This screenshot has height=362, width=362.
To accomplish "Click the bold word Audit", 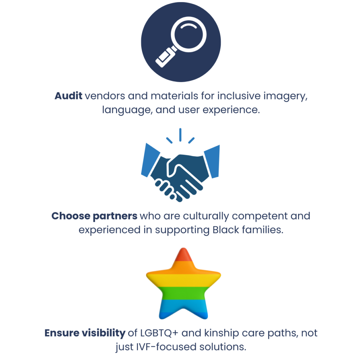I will point(69,96).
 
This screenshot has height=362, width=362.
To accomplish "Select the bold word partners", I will point(116,216).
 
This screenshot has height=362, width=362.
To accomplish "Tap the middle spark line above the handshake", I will point(180,134).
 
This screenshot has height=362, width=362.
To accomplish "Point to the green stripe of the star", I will point(183,292).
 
